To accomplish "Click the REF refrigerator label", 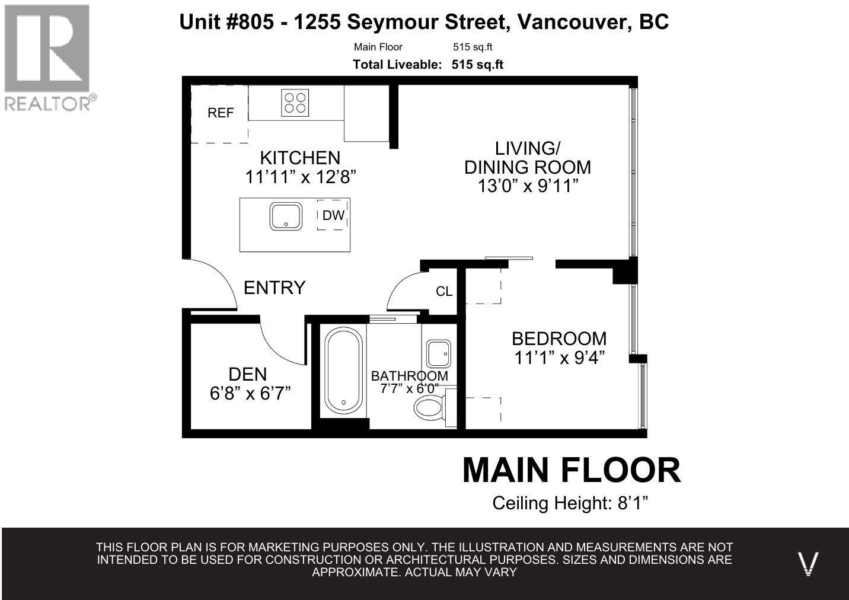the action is (x=221, y=113).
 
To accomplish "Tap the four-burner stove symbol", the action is (x=295, y=103).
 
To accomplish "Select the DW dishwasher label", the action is (x=333, y=215).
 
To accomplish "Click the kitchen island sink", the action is (x=286, y=216).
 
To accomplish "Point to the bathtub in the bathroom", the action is (x=343, y=371).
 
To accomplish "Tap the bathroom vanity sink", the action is (x=439, y=353).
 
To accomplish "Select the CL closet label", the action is (x=444, y=292).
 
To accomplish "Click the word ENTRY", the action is (x=275, y=288).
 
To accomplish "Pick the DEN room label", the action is (x=247, y=375).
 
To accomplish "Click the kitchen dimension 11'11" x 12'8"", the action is (x=301, y=177).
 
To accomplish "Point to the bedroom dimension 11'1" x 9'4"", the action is (x=559, y=358).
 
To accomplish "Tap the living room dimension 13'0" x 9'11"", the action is (x=528, y=186).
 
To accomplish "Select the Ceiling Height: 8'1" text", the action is (x=570, y=503).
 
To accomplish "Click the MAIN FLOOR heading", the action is (x=572, y=470).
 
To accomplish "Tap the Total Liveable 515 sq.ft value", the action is (x=477, y=65).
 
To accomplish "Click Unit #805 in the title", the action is (x=226, y=21).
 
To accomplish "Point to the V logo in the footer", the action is (x=808, y=564).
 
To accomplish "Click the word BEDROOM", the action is (x=559, y=339).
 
